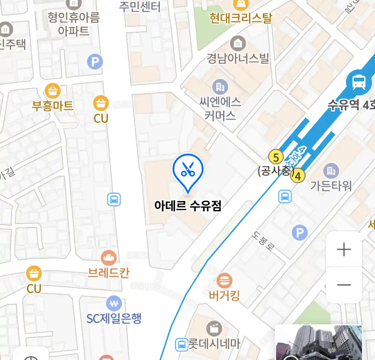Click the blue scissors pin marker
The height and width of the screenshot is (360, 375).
coord(188,170)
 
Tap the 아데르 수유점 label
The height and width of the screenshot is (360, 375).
coord(188,205)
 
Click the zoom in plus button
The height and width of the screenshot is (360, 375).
coord(344,249)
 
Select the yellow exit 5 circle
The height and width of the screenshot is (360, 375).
coord(276,157)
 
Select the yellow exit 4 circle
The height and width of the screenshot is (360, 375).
coord(298,176)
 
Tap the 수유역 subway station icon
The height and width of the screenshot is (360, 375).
coord(359,82)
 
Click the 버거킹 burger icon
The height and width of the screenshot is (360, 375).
coord(224,281)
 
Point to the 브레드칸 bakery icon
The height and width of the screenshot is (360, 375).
coord(109,258)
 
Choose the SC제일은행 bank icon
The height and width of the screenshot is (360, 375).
coord(114,304)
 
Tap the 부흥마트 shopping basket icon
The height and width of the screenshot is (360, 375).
coord(52,91)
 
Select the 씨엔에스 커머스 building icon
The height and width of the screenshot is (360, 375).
coord(220,87)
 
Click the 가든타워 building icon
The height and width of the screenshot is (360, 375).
coord(331,171)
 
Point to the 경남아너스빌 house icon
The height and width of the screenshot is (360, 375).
coord(238,43)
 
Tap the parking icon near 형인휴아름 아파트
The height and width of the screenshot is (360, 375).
coord(95,62)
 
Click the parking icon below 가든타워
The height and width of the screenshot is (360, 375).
coord(300,232)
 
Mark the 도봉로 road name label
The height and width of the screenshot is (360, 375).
coord(263,241)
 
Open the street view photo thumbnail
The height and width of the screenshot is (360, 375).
coord(319,343)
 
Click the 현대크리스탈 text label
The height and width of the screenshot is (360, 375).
coord(241,18)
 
